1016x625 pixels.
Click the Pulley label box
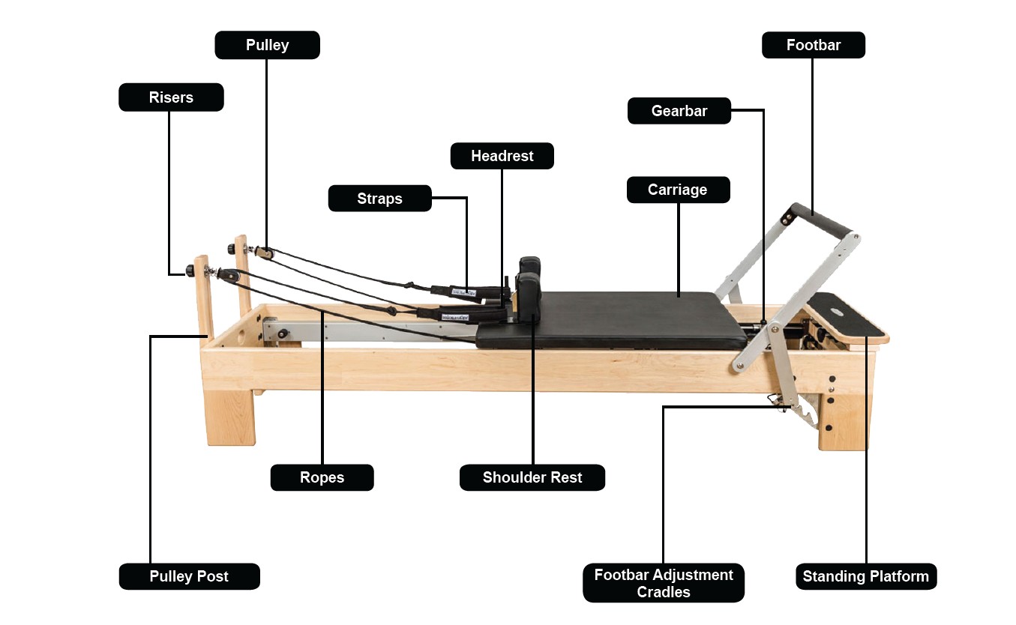coord(267,45)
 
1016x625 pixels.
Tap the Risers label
coord(171,97)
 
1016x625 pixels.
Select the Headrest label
coord(502,156)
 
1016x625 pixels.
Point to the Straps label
coord(379,199)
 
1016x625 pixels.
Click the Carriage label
coord(677,190)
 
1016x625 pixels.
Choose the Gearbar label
coord(679,111)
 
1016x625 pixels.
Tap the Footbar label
coord(813,45)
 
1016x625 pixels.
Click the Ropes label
coord(322,477)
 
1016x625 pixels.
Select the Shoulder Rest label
coord(532,477)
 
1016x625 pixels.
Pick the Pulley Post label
coord(189,576)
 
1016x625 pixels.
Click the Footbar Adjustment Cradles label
coord(664,583)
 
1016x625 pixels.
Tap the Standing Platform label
coord(865,576)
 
